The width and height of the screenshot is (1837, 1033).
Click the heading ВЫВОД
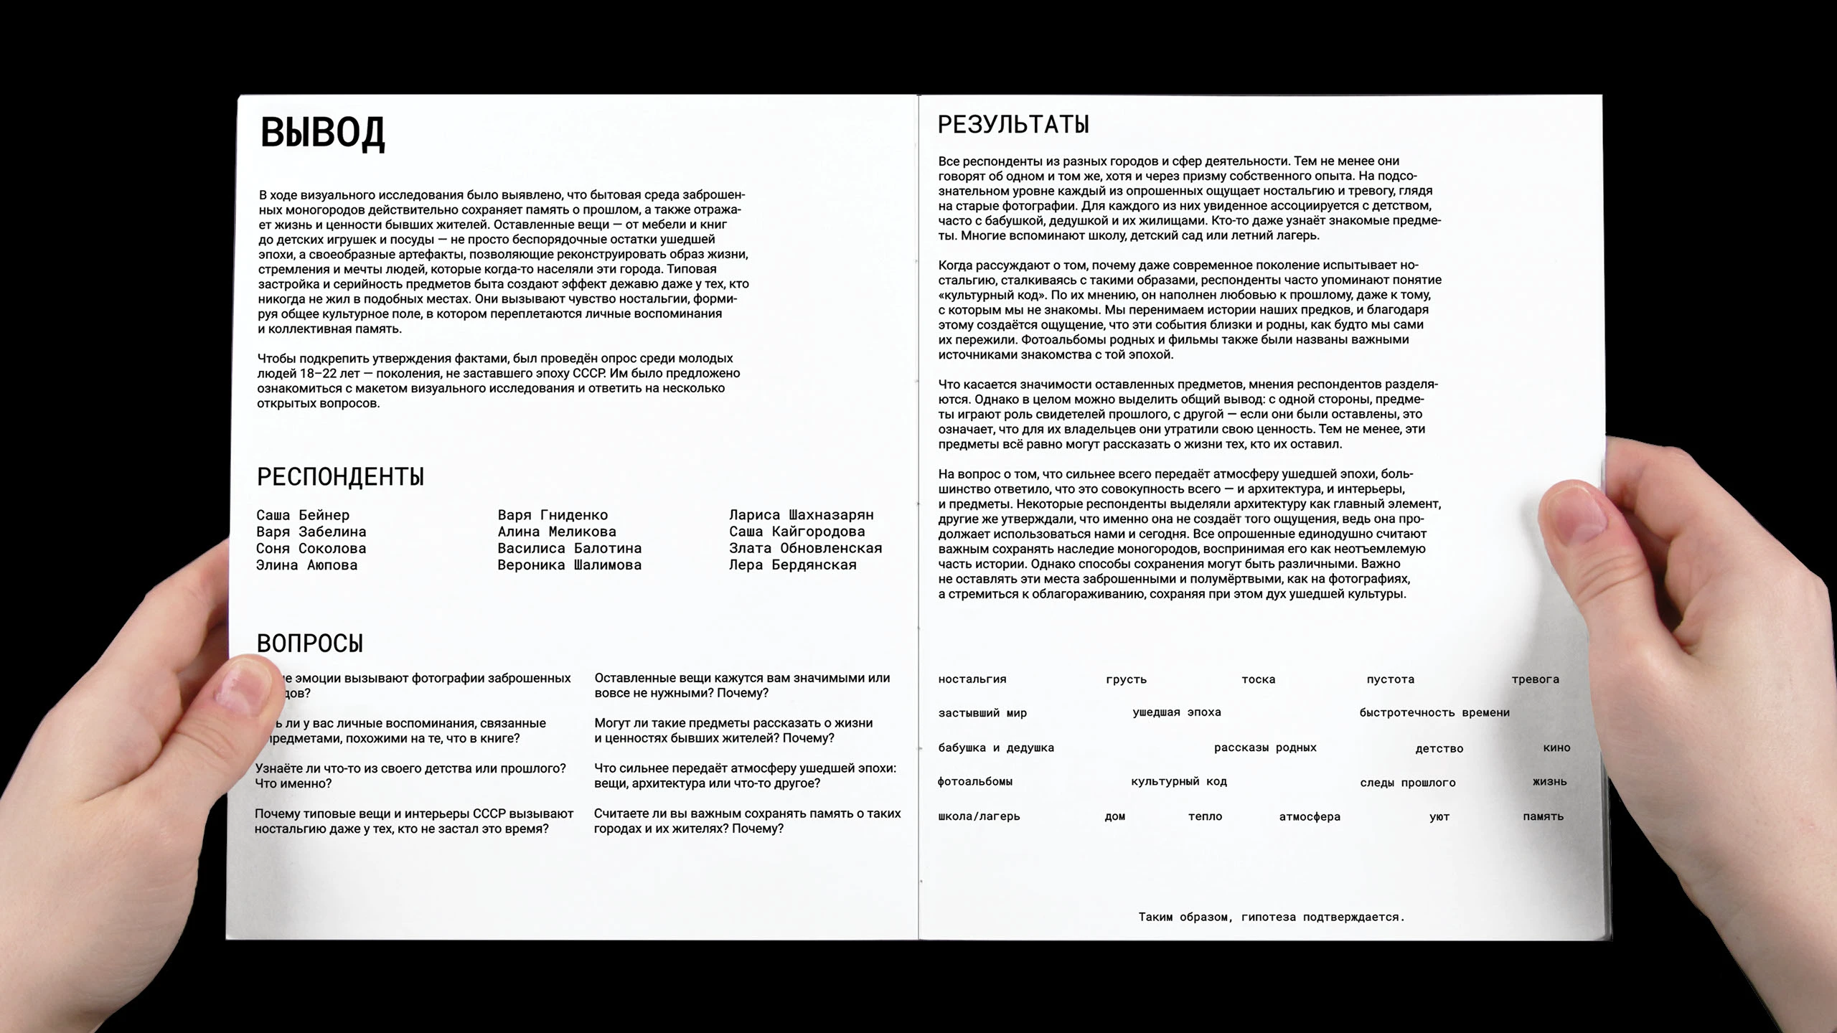click(322, 133)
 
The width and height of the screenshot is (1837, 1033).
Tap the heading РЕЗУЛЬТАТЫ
click(1013, 125)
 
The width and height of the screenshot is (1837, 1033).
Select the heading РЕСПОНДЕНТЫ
click(340, 477)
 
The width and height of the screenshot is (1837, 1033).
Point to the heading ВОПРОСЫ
click(310, 643)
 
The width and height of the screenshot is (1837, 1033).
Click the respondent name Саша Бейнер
click(303, 515)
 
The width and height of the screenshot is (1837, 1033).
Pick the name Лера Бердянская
click(792, 565)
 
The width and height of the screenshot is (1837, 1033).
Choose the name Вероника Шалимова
click(569, 565)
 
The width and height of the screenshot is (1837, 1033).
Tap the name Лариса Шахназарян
click(801, 515)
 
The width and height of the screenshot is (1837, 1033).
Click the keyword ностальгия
click(972, 679)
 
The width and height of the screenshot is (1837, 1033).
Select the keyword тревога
click(1535, 679)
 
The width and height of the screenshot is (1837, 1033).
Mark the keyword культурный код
click(1178, 781)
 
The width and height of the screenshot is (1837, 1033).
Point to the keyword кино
click(1556, 747)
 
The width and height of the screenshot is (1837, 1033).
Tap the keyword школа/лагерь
click(979, 816)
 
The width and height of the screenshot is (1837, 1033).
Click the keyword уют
click(1439, 816)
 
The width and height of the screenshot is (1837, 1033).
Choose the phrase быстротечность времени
click(1434, 712)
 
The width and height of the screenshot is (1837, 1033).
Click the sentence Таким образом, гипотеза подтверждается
click(1271, 917)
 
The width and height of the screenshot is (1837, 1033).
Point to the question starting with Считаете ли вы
click(746, 821)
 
